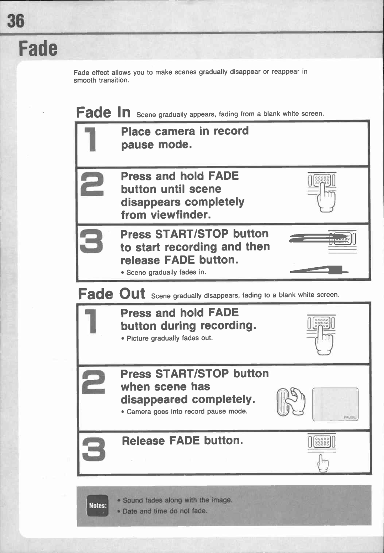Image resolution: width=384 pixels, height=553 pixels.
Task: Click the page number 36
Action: click(16, 21)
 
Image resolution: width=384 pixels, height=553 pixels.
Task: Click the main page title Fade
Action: click(38, 48)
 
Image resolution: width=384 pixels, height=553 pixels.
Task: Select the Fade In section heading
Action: click(103, 112)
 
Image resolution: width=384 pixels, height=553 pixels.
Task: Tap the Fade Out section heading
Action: click(111, 294)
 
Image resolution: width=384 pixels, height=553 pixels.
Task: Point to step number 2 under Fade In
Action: click(92, 184)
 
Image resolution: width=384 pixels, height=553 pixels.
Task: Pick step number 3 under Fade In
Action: click(92, 241)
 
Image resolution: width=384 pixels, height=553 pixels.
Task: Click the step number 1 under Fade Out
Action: click(91, 321)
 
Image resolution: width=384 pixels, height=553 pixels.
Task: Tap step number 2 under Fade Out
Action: click(93, 382)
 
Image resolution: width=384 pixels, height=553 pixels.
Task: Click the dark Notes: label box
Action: click(97, 505)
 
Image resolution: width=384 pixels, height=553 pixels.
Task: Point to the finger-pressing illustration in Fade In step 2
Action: click(322, 193)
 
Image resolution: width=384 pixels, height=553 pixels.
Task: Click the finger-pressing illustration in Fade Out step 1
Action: click(321, 335)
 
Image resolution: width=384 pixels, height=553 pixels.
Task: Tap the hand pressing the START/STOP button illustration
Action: click(291, 401)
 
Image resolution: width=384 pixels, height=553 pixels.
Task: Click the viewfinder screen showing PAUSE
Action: click(335, 404)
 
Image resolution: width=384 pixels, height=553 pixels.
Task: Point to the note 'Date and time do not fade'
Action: click(165, 511)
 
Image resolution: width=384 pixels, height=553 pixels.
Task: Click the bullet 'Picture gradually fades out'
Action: click(169, 338)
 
